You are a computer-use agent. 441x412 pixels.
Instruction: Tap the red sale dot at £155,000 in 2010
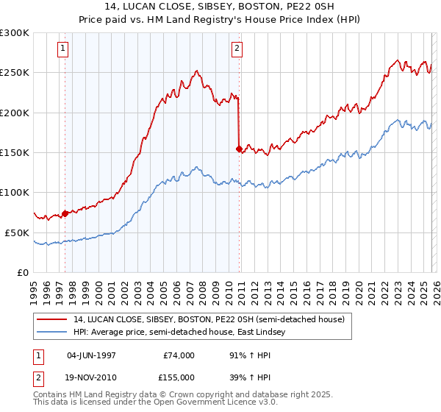point(239,149)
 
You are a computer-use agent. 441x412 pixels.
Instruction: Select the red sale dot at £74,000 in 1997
point(65,213)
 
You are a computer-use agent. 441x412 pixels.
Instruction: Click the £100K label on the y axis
point(15,193)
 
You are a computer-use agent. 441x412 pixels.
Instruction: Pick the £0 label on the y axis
point(23,272)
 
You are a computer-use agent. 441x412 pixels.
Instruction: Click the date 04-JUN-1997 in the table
point(92,355)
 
